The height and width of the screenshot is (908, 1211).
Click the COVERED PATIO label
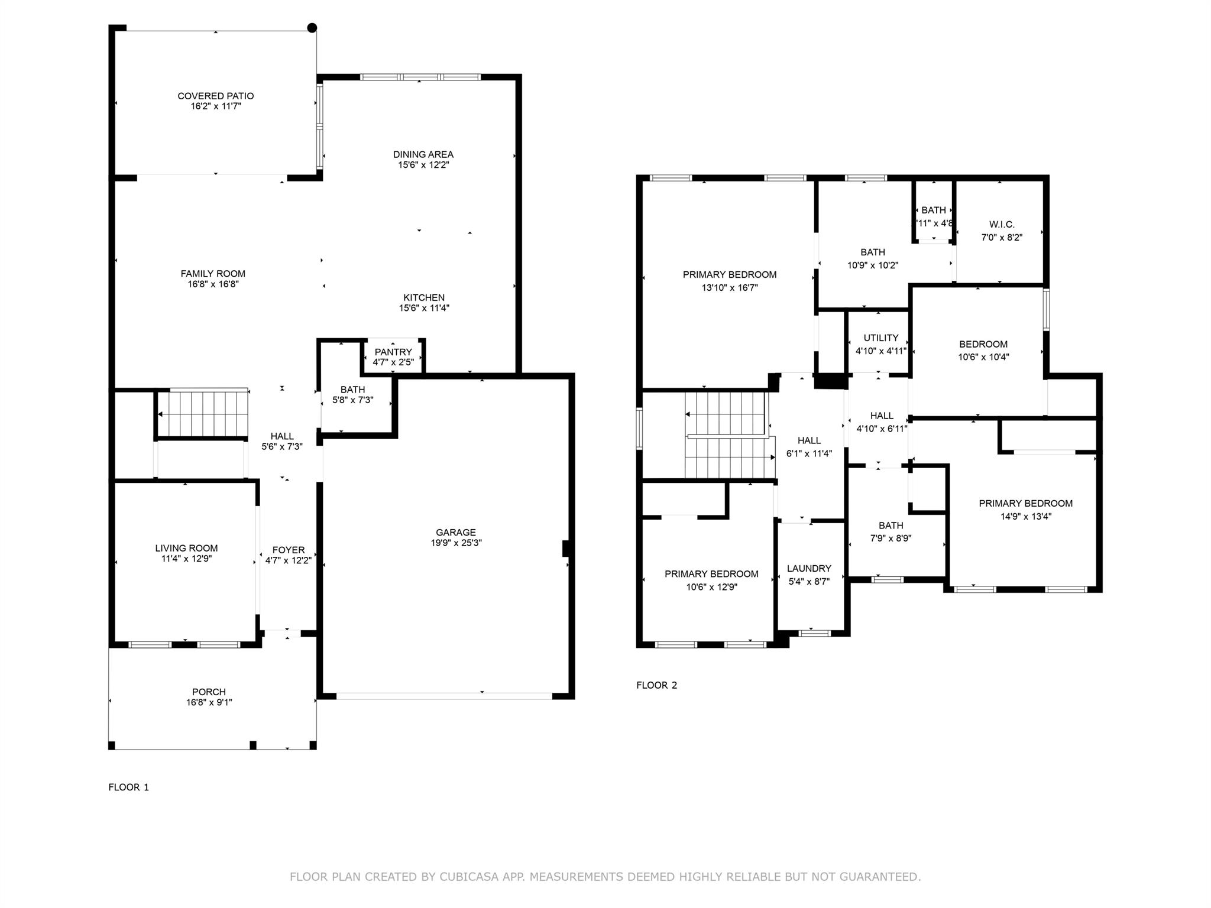tap(216, 96)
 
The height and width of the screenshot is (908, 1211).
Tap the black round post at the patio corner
tap(312, 28)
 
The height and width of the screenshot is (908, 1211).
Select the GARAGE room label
tap(456, 532)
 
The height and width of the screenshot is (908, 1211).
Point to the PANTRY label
tap(393, 352)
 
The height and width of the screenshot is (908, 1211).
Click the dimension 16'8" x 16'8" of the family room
tap(213, 284)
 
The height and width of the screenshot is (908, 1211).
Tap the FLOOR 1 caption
tap(129, 787)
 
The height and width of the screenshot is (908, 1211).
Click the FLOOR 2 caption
tap(657, 685)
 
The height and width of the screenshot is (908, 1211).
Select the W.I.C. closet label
tap(1002, 225)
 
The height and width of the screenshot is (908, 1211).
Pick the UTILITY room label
tap(881, 338)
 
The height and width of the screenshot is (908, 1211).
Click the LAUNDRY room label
tap(809, 569)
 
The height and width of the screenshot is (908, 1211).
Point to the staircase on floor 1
tap(203, 413)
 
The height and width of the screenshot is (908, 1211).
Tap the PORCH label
tap(209, 692)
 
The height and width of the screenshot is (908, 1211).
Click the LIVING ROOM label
tap(187, 548)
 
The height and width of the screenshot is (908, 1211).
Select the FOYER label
tap(289, 550)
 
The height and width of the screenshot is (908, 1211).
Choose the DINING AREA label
tap(423, 154)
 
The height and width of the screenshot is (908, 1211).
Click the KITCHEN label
tap(424, 297)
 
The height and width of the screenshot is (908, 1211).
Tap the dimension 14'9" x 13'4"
tap(1026, 516)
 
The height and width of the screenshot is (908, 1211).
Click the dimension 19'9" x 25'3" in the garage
tap(456, 543)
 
